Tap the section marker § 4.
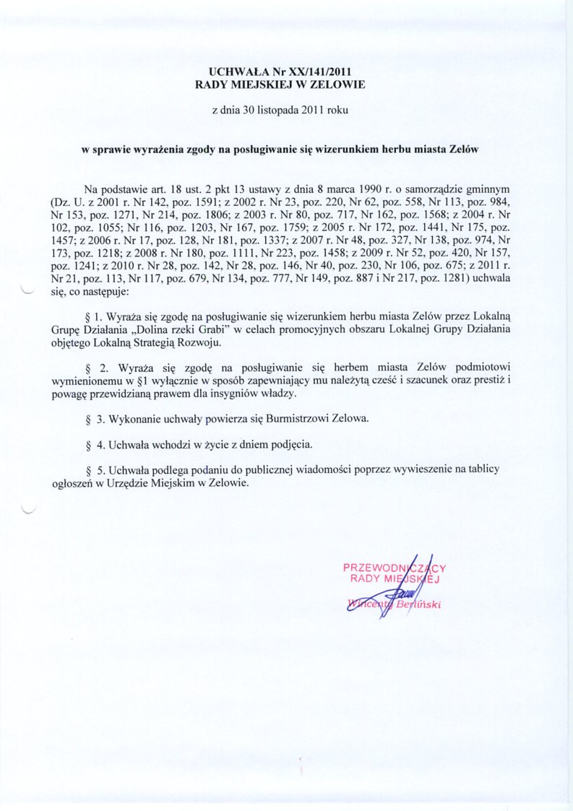pyautogui.click(x=90, y=444)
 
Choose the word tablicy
pyautogui.click(x=481, y=469)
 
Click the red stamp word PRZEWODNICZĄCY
pyautogui.click(x=394, y=568)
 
